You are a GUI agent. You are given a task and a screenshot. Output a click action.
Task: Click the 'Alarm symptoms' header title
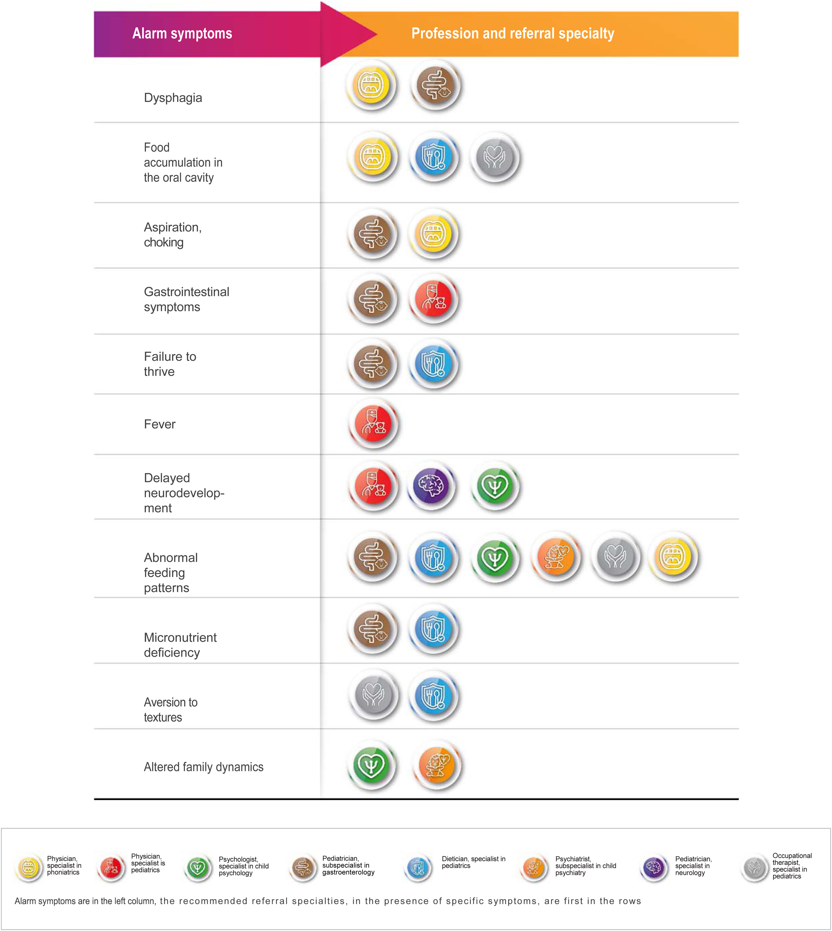[182, 33]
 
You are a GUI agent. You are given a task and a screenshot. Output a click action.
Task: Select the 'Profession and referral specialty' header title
[513, 33]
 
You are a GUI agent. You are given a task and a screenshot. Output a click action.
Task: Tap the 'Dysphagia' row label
[173, 98]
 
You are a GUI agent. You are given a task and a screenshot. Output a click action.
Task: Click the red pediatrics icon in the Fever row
[373, 424]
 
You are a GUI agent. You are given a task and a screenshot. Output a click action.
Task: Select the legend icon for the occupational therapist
[754, 867]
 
